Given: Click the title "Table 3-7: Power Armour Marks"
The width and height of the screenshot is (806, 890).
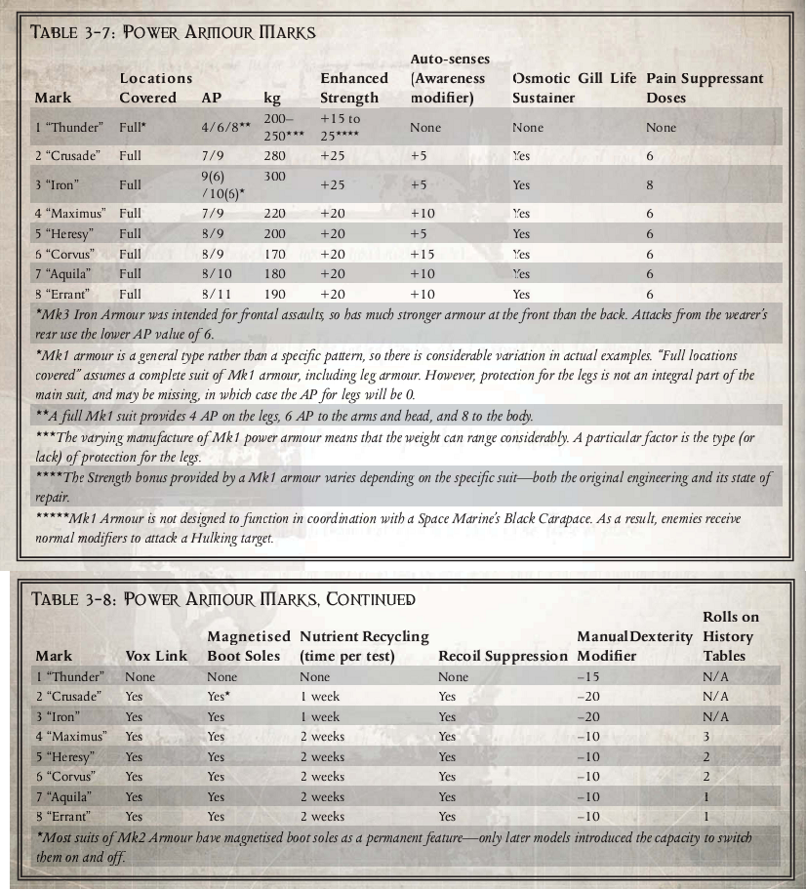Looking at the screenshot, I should (x=174, y=32).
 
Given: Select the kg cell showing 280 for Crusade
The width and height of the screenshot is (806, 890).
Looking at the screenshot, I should (x=275, y=156).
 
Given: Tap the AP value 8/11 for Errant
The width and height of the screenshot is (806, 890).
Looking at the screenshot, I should (x=216, y=294).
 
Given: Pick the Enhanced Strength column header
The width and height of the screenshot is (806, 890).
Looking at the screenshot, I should (x=354, y=88).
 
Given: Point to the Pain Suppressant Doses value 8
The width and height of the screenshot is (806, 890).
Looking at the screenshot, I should (x=650, y=184).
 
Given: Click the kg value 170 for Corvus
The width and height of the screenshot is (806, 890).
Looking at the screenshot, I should (x=275, y=254).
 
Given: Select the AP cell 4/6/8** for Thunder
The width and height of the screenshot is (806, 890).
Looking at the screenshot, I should (x=226, y=128).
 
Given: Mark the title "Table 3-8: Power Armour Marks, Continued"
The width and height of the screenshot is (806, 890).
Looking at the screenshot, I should (x=223, y=598).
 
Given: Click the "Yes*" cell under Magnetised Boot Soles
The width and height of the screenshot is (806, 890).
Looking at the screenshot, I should (x=220, y=697).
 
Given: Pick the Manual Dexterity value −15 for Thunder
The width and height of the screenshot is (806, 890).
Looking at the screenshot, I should (x=587, y=676).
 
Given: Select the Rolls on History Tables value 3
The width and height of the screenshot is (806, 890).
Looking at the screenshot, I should (x=706, y=737).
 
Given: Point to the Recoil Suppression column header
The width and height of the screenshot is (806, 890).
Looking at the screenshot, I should (x=503, y=656).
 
